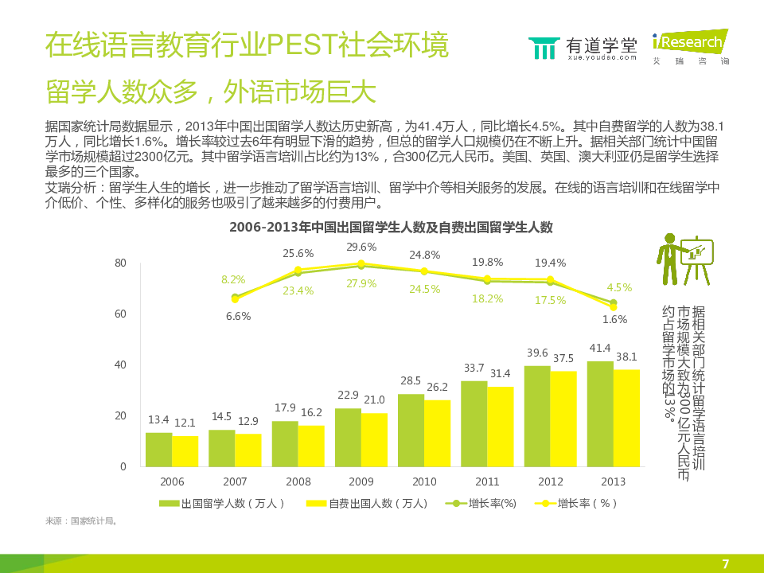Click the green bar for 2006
(x=158, y=450)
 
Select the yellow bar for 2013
(x=626, y=418)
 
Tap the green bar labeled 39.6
(x=537, y=416)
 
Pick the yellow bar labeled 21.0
(x=374, y=439)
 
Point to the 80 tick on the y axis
(x=121, y=263)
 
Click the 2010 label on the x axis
(x=424, y=482)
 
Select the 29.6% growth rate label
(x=361, y=247)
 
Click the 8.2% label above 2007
(x=233, y=279)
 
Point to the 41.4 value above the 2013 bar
(x=600, y=349)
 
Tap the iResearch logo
(x=688, y=46)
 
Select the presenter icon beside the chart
(x=684, y=259)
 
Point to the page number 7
(x=725, y=563)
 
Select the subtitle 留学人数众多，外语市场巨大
(x=210, y=92)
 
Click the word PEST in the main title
(x=298, y=46)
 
